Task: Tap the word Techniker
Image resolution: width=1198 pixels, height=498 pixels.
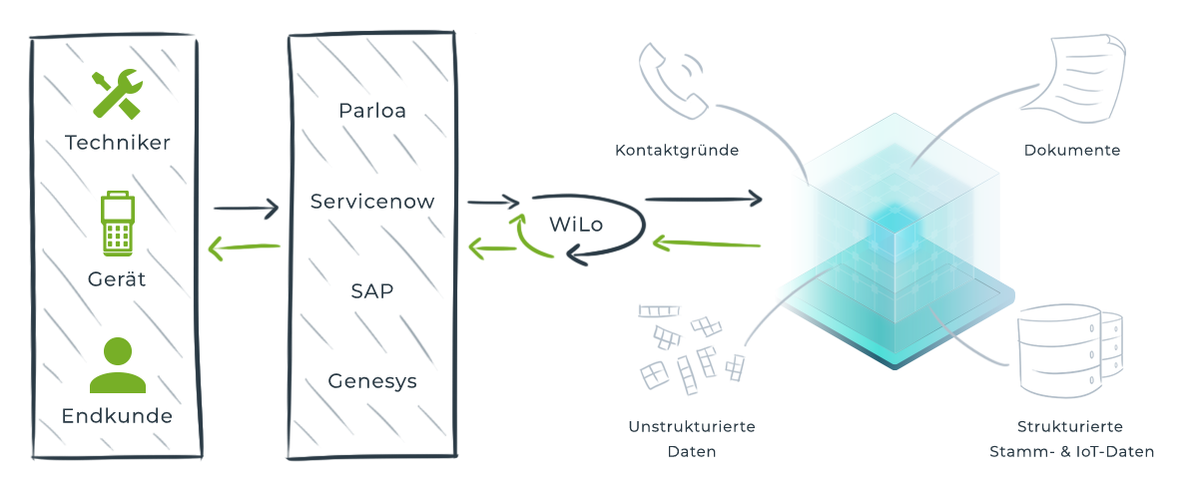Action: [x=118, y=142]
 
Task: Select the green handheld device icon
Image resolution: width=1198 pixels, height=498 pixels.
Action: [x=118, y=225]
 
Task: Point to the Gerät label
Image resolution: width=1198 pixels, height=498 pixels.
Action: [x=118, y=279]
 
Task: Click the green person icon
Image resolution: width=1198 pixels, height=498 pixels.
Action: [x=118, y=365]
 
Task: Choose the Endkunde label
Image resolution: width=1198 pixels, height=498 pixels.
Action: [x=118, y=415]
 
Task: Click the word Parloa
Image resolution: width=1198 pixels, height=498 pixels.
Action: [x=372, y=109]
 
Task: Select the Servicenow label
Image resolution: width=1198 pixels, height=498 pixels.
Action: [x=372, y=201]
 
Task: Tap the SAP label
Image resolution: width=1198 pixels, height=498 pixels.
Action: [x=372, y=291]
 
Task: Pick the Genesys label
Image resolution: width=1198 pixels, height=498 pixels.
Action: [x=372, y=381]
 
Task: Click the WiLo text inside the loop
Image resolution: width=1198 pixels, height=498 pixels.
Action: [x=576, y=224]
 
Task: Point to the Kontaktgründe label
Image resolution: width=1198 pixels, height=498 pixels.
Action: [x=677, y=151]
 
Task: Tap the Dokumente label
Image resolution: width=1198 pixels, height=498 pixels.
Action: [x=1072, y=151]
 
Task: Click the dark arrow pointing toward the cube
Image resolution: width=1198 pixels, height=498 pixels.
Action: [x=703, y=200]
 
